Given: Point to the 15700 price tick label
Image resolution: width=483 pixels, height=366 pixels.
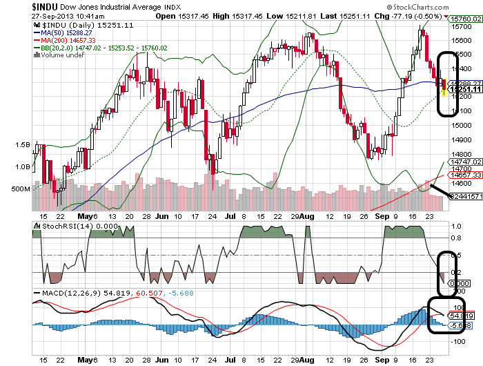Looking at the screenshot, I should click(x=462, y=26).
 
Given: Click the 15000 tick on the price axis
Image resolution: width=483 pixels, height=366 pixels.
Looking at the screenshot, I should click(x=462, y=125).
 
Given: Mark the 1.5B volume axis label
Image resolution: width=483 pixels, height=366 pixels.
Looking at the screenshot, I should click(x=22, y=145).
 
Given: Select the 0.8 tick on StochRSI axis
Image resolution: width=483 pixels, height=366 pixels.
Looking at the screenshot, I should click(x=457, y=238).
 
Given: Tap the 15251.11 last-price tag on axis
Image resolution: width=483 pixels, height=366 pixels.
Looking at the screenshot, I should click(x=464, y=89).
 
